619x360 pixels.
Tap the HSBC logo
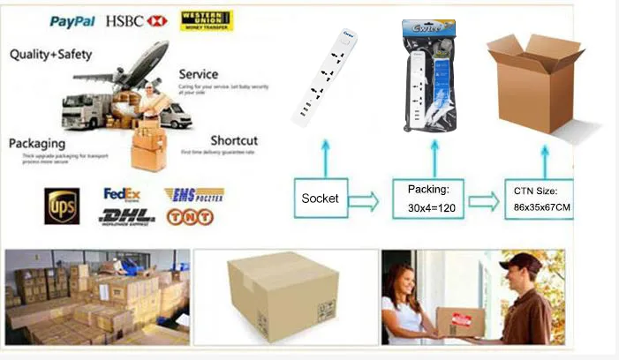[x=136, y=20]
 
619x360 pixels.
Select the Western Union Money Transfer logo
[x=206, y=20]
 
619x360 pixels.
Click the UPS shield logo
[x=62, y=206]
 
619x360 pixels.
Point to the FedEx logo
[x=122, y=193]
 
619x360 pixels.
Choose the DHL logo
[x=127, y=215]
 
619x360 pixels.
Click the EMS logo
[x=193, y=194]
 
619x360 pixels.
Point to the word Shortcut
[x=233, y=140]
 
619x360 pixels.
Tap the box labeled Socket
[x=320, y=199]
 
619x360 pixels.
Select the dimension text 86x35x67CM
[x=542, y=208]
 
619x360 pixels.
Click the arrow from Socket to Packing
[x=363, y=200]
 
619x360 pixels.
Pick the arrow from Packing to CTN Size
[x=483, y=200]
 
